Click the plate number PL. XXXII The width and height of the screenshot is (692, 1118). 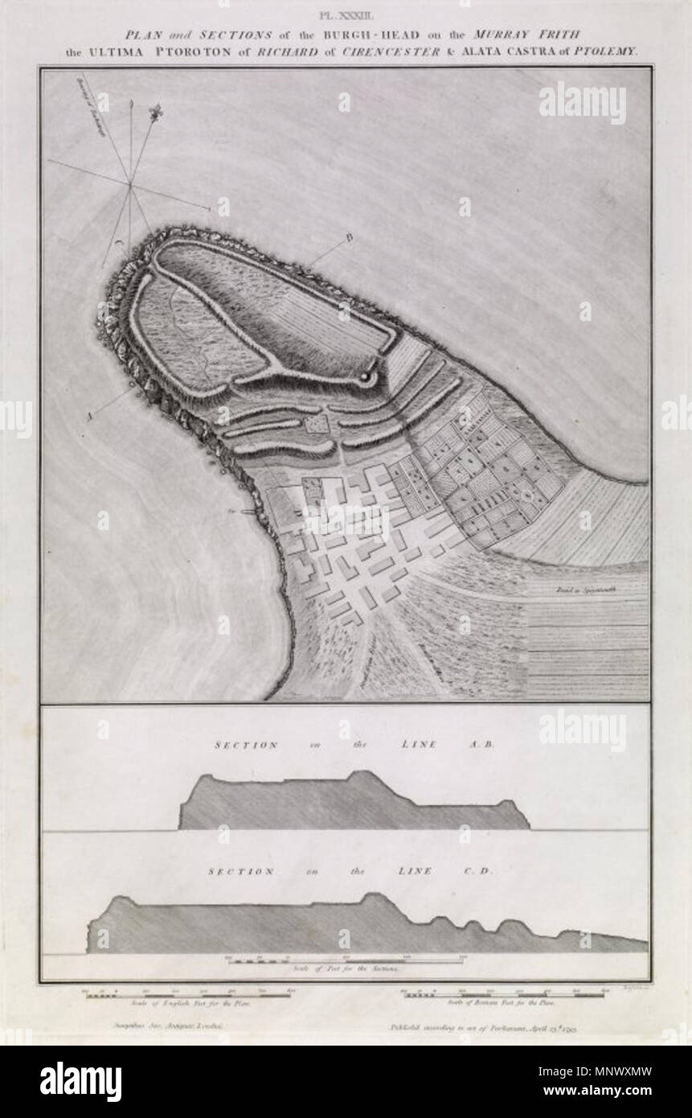346,14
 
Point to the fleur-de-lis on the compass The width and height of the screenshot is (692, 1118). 153,111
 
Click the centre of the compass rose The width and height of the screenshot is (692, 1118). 129,185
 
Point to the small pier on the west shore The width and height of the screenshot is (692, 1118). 244,509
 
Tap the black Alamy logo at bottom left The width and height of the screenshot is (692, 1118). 80,1082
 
